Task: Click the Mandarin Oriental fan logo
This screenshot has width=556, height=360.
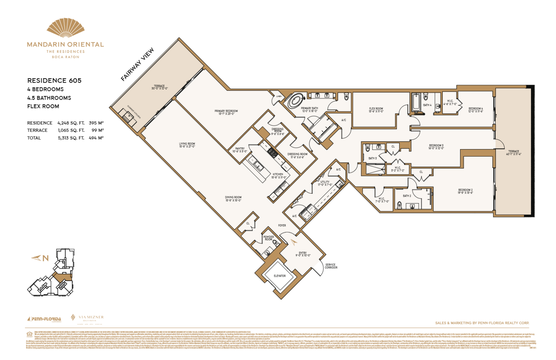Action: pos(66,28)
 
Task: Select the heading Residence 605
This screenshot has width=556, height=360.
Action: pos(54,80)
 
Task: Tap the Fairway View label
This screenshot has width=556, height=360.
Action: pos(137,64)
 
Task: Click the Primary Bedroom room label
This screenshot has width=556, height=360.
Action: pos(226,112)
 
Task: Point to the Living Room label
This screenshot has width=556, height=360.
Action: pos(187,145)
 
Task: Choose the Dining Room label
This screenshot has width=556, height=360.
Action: pos(233,199)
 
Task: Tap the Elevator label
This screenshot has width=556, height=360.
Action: pos(279,276)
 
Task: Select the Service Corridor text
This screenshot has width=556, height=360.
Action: pos(331,266)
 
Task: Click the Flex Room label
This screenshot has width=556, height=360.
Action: pos(376,110)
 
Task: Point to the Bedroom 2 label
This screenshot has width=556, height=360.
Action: pos(465,191)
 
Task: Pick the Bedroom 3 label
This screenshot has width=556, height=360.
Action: pos(436,147)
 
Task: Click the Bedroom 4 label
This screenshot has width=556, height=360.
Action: pos(475,110)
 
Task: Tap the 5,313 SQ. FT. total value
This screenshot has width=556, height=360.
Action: pos(71,138)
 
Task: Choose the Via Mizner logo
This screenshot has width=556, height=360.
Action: pos(88,318)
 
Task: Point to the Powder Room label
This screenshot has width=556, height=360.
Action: pos(269,238)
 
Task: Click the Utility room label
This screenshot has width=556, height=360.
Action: pos(325,183)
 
